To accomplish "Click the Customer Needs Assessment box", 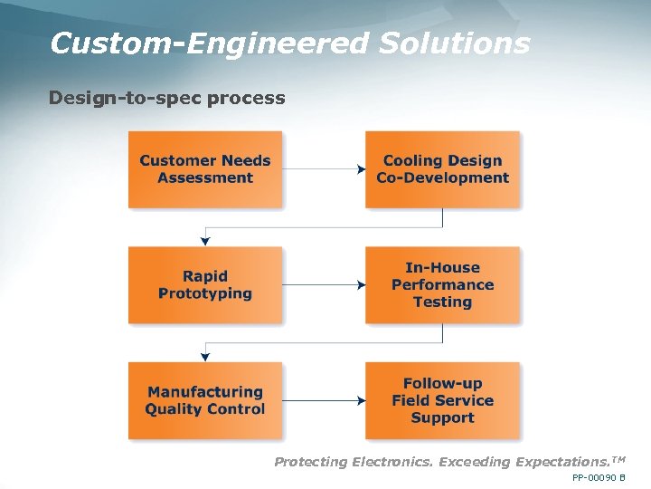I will point(205,169).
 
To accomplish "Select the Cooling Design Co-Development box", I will point(442,169).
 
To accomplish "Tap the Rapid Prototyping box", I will point(205,284).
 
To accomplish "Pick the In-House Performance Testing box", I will point(442,284).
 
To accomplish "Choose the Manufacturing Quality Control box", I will point(205,400).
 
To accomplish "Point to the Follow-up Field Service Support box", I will point(442,400).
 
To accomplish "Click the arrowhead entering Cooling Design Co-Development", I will point(361,169).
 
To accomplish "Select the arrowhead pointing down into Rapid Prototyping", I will point(206,241).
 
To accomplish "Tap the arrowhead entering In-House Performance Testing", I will point(361,284).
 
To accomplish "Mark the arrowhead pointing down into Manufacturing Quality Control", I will point(206,357).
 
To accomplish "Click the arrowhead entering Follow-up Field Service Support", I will point(361,400).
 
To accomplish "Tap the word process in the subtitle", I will point(246,98).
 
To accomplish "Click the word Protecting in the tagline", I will point(310,462).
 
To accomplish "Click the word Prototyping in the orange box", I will point(205,293).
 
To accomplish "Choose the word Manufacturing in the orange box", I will point(205,392).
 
